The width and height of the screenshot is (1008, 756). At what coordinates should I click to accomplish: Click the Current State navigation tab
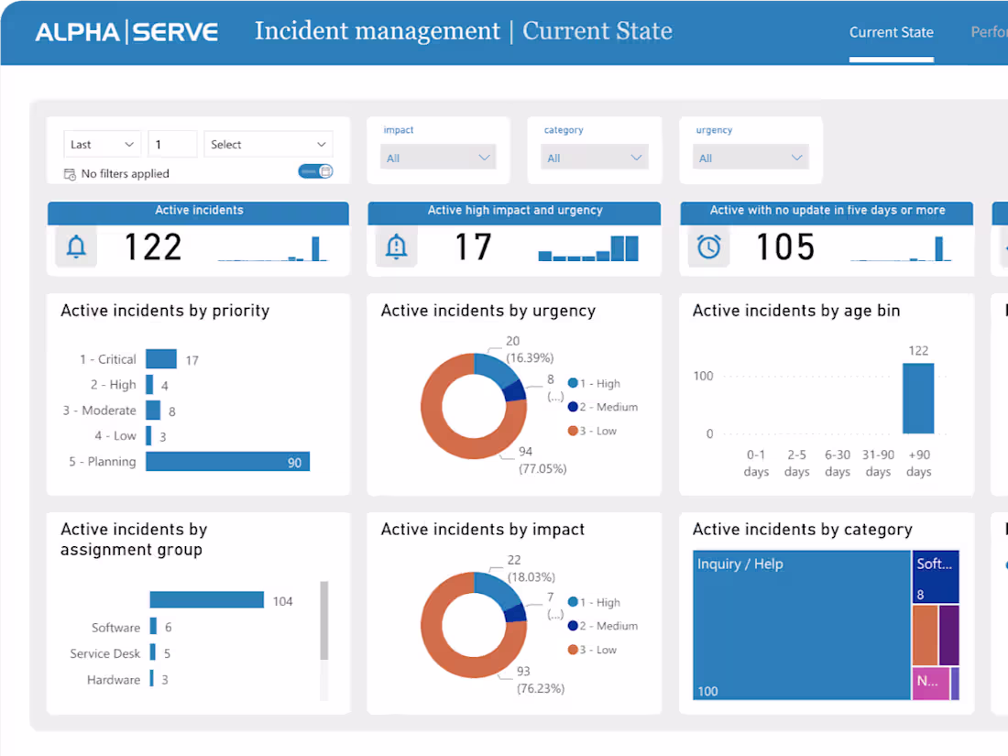(x=891, y=33)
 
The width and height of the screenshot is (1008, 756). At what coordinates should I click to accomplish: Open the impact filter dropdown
(x=438, y=158)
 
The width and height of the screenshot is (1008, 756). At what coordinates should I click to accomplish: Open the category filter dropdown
(x=595, y=158)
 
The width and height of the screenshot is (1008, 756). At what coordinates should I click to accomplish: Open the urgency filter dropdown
(x=751, y=158)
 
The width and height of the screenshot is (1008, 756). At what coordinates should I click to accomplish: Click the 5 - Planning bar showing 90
(x=227, y=462)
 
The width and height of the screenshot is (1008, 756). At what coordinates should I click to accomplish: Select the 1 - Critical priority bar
(x=160, y=359)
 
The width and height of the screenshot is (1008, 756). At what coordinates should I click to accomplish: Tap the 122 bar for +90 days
(x=918, y=399)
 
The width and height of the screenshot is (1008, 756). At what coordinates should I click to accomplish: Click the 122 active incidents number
(x=153, y=247)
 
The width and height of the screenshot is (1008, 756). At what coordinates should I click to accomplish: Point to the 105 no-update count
(x=785, y=247)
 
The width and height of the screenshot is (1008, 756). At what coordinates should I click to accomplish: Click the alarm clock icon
(x=708, y=247)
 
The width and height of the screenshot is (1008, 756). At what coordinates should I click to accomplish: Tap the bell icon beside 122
(x=76, y=247)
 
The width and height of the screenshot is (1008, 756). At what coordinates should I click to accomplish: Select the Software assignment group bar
(x=154, y=628)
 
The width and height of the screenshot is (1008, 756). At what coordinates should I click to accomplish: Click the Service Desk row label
(x=105, y=653)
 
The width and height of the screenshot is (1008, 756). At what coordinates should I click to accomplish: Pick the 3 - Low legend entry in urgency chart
(x=598, y=431)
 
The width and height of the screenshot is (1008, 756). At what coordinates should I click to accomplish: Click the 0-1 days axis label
(x=756, y=463)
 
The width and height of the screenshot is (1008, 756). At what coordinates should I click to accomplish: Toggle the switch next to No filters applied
(x=315, y=171)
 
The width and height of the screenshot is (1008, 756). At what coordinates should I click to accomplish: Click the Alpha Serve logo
(x=126, y=33)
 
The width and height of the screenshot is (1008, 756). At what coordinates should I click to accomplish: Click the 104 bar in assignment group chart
(x=207, y=600)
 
